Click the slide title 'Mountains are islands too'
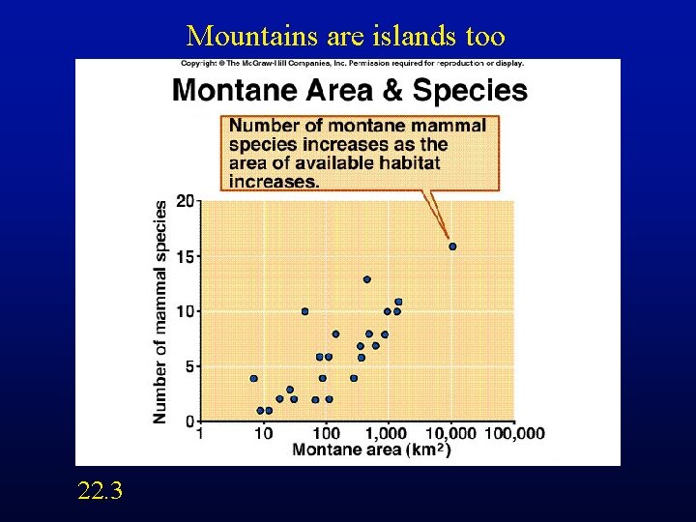coord(346,37)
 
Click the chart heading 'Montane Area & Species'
coord(349,91)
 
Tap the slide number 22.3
coord(101,491)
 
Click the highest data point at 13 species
coord(367,279)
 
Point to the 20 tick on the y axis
coord(184,201)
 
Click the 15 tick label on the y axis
coord(184,256)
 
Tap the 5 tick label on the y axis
coord(188,366)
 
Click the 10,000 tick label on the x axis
coord(450,434)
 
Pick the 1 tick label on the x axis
coord(200,434)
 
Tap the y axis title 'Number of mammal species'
coord(160,311)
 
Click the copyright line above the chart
coord(352,64)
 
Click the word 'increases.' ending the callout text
coord(275,181)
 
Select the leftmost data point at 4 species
coord(254,378)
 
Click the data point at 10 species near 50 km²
coord(305,311)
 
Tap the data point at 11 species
coord(398,302)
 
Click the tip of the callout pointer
coord(449,238)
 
